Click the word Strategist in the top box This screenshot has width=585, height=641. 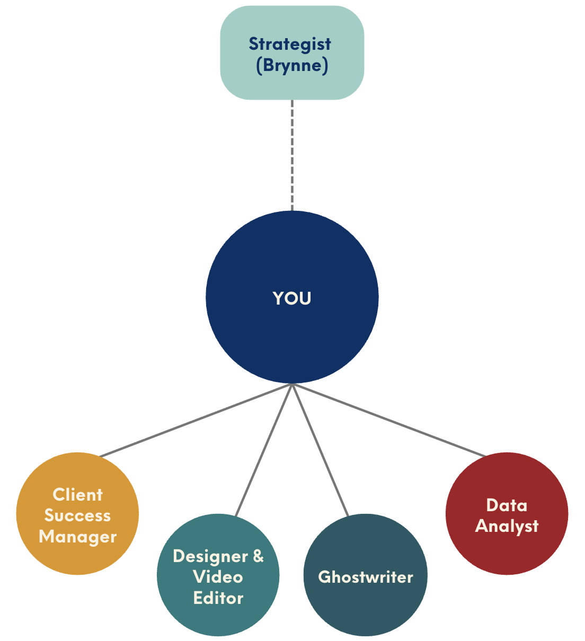coord(290,44)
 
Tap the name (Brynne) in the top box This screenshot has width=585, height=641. coord(292,66)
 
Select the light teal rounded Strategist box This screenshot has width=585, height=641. coord(292,53)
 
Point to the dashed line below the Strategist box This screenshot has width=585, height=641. coord(292,155)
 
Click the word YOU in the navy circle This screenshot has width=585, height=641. coord(292,298)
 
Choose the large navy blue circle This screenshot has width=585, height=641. coord(292,297)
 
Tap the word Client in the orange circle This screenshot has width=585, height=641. coord(78,495)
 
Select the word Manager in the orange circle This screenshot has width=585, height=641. coord(78,537)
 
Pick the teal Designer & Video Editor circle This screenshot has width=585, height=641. coord(218,575)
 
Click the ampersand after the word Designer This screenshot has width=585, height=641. coord(258,556)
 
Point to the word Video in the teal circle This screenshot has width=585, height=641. coord(218,577)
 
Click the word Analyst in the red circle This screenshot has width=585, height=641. coord(507,526)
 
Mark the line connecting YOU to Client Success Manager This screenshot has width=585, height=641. coord(196,420)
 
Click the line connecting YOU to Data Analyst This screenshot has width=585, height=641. coord(389,420)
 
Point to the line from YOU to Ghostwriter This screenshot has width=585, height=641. coord(320,450)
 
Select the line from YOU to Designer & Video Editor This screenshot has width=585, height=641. coord(264,450)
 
